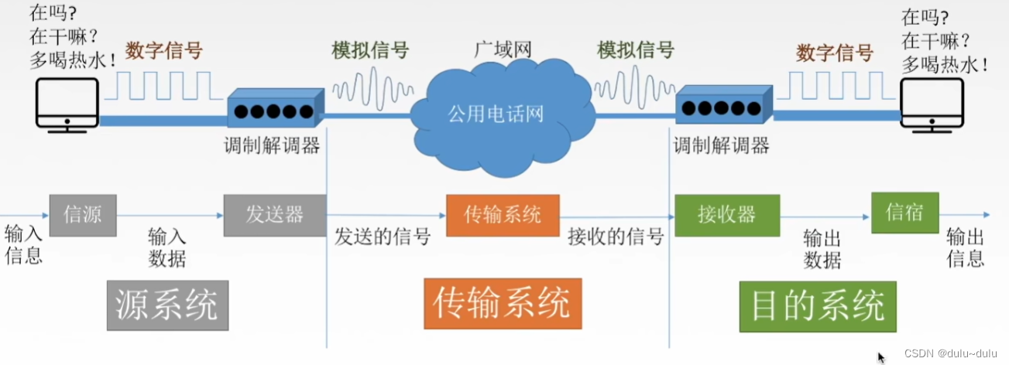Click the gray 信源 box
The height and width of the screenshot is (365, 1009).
click(x=83, y=213)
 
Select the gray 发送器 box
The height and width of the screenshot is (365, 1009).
click(x=274, y=213)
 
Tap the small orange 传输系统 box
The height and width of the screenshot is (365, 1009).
click(x=503, y=214)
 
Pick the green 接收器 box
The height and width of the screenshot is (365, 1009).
click(x=726, y=214)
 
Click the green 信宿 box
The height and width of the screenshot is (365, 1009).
click(x=904, y=212)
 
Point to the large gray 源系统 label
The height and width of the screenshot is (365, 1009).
click(x=167, y=305)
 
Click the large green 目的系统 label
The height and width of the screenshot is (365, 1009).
click(x=818, y=305)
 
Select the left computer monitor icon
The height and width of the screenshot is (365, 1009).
click(x=67, y=104)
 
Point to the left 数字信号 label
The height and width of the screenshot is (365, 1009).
click(x=163, y=51)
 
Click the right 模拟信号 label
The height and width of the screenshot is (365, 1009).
click(x=635, y=51)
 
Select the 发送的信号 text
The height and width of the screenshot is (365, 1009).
click(x=383, y=236)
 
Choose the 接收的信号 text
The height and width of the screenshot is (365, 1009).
click(x=616, y=236)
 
